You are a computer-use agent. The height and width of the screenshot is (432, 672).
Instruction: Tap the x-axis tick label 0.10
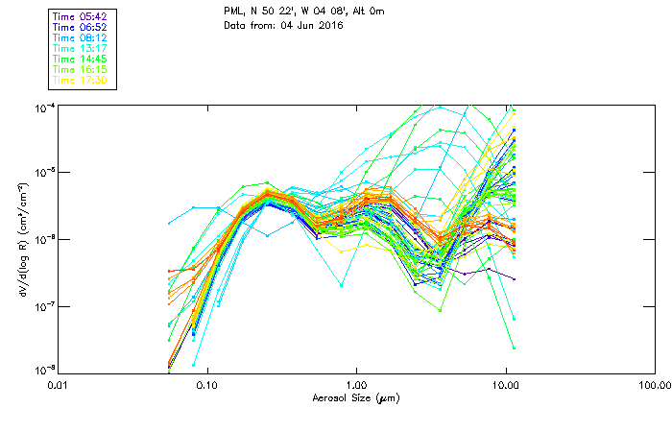(x=206, y=384)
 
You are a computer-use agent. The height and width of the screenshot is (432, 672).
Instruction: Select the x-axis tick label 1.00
(x=356, y=384)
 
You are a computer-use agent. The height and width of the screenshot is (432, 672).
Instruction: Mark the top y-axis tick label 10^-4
(x=43, y=107)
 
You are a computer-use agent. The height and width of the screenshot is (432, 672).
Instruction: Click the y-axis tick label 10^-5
(x=43, y=172)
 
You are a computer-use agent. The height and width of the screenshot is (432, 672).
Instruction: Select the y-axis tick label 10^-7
(x=43, y=305)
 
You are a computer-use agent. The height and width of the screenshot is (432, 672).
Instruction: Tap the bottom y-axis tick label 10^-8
(x=43, y=370)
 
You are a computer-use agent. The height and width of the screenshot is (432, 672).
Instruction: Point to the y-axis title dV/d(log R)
(x=22, y=238)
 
